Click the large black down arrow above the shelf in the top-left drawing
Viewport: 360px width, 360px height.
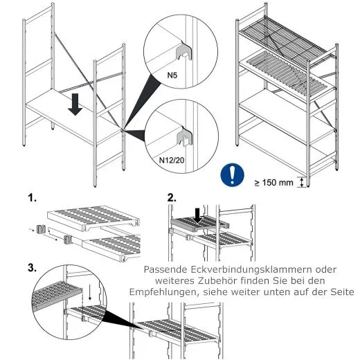pos(75,105)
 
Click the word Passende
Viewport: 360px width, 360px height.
pos(168,269)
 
